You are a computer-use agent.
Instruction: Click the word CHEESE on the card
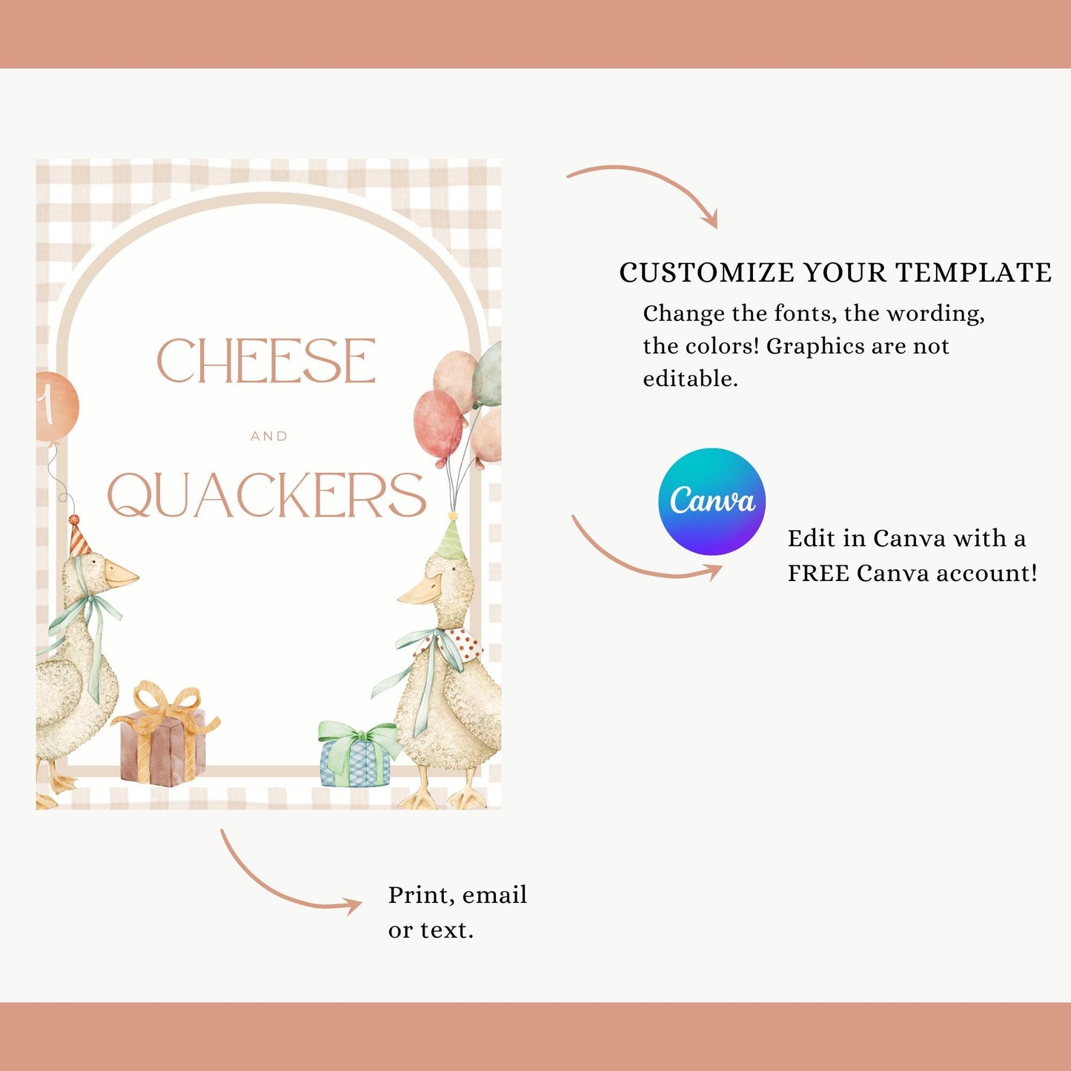click(x=266, y=360)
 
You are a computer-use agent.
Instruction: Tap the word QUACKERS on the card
click(x=267, y=494)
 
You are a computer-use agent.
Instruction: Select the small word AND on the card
click(x=269, y=437)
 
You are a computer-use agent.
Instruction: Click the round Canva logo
click(x=712, y=501)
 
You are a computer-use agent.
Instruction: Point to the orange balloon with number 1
click(x=56, y=408)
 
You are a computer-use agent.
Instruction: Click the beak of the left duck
click(x=121, y=574)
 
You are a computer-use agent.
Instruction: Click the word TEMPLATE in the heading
click(x=974, y=273)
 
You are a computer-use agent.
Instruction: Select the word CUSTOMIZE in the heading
click(x=709, y=273)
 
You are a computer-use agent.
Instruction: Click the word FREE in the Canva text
click(x=819, y=574)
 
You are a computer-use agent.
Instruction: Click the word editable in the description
click(x=691, y=379)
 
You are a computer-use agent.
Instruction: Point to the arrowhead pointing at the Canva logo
click(x=712, y=571)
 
